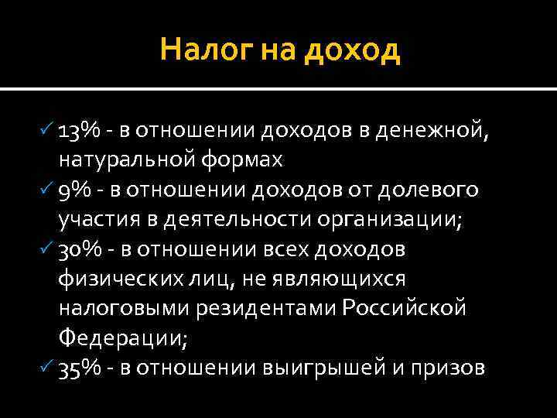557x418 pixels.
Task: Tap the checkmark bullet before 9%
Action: [45, 190]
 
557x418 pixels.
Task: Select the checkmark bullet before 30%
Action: [45, 248]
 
